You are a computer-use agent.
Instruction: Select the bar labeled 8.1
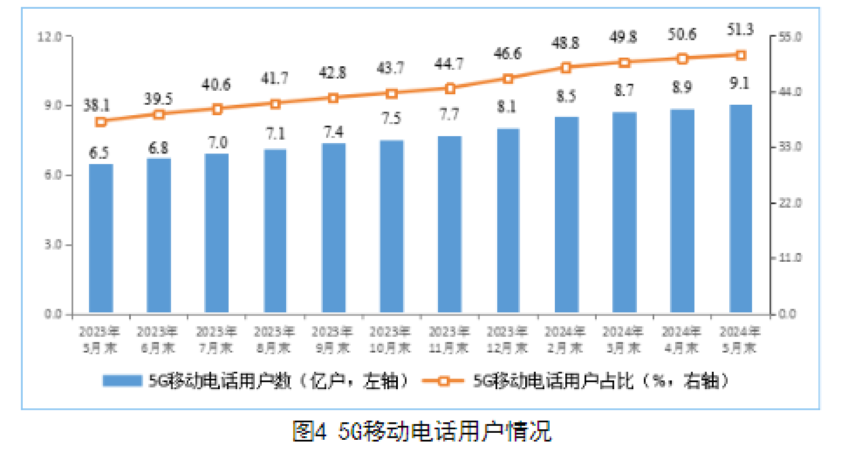(508, 220)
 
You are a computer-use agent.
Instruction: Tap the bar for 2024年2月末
(566, 215)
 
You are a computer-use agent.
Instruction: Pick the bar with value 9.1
(740, 209)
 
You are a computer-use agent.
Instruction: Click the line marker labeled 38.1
(101, 122)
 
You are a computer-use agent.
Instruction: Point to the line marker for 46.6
(508, 79)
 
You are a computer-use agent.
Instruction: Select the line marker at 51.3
(740, 55)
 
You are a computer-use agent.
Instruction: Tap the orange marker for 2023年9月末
(333, 98)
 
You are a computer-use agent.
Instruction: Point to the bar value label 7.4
(333, 131)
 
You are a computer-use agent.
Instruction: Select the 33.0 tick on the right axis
(790, 147)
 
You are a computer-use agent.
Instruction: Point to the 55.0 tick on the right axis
(790, 37)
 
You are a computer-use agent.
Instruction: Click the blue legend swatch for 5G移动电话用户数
(122, 381)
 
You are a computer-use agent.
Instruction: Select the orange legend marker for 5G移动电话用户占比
(444, 381)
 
